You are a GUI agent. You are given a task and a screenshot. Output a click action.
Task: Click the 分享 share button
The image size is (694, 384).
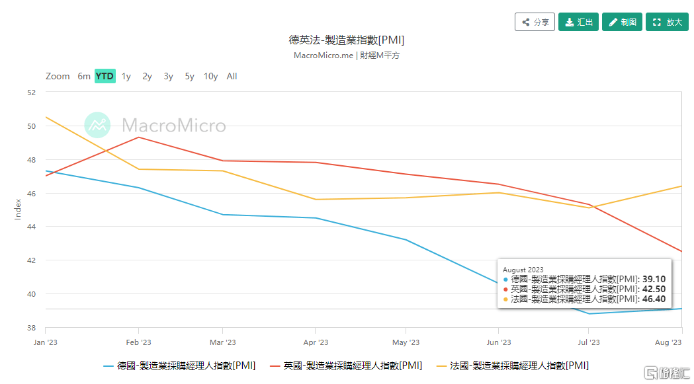535,22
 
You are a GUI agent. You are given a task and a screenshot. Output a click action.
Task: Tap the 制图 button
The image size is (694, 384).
622,22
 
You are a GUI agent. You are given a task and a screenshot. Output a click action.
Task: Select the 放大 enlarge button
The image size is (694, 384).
667,22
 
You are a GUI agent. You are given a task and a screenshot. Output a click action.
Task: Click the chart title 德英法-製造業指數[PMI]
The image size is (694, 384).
347,40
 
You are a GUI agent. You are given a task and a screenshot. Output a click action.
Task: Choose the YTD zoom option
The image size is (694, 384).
105,76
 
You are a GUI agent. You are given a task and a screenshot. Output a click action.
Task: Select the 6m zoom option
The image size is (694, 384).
84,76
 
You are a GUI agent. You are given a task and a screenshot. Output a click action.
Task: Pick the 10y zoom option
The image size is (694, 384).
210,76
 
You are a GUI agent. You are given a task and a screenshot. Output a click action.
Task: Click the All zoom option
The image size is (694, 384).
232,76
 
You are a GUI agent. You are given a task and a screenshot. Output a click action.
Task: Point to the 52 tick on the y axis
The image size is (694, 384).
31,93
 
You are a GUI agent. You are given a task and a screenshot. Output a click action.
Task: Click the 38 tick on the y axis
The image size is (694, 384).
31,328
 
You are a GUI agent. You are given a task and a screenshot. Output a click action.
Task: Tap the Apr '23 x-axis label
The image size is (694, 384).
316,342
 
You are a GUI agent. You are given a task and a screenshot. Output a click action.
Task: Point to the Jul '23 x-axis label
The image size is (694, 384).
589,342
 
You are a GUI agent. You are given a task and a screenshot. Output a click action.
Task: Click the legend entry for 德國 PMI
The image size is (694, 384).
179,365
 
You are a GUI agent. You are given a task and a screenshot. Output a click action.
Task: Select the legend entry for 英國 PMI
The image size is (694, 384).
345,365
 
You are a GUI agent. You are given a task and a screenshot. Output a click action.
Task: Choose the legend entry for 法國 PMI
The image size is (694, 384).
512,365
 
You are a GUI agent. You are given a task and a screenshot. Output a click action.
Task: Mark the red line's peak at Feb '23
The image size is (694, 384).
138,137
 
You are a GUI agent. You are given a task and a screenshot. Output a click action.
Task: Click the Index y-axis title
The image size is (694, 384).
19,210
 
